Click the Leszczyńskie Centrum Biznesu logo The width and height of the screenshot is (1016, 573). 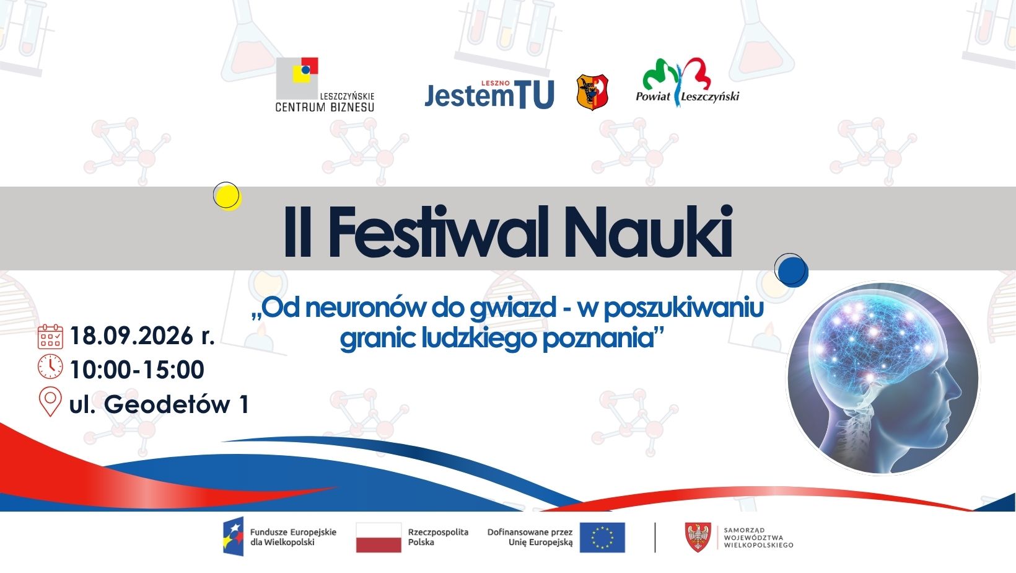point(325,85)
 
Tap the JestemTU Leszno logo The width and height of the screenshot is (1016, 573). point(489,94)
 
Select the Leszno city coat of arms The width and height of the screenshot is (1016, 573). point(592,92)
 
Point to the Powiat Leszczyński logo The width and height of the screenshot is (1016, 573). point(687,82)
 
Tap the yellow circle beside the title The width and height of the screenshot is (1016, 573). point(227,196)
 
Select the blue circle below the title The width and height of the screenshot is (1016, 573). point(792,270)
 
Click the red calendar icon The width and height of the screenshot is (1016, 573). point(50,337)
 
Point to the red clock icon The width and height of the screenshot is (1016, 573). point(50,366)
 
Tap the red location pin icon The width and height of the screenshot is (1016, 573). point(50,401)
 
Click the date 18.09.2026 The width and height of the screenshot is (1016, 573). point(131,337)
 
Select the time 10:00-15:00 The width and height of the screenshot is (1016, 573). point(137,370)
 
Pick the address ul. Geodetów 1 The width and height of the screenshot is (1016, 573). point(159,404)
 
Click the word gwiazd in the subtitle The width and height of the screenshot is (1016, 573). point(512,309)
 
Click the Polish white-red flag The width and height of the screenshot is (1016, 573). point(379,538)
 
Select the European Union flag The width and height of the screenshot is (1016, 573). point(602,538)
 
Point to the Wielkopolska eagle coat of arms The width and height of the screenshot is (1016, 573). point(698,537)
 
